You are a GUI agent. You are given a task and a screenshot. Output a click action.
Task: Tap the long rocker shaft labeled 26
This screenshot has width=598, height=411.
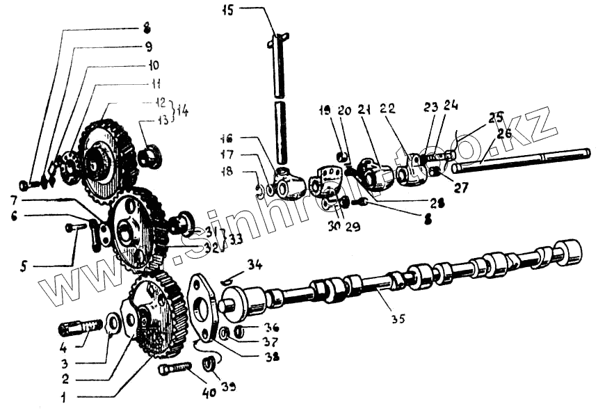(x=522, y=161)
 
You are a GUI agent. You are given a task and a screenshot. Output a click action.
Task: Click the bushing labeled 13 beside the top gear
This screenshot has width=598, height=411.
(x=148, y=157)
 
